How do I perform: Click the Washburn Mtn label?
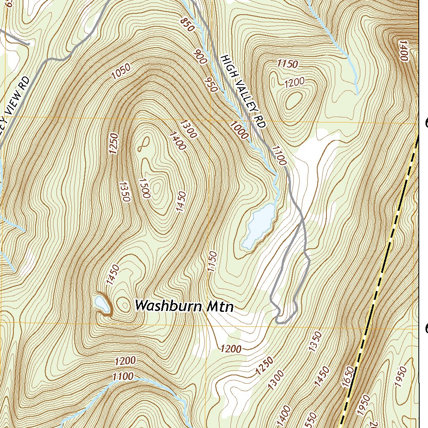184,306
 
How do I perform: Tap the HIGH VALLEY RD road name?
243,92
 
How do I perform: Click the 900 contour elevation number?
201,56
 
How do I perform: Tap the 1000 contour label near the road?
239,129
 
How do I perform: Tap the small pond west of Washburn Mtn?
99,302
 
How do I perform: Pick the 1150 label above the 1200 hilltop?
288,64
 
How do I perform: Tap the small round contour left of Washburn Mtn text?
124,304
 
